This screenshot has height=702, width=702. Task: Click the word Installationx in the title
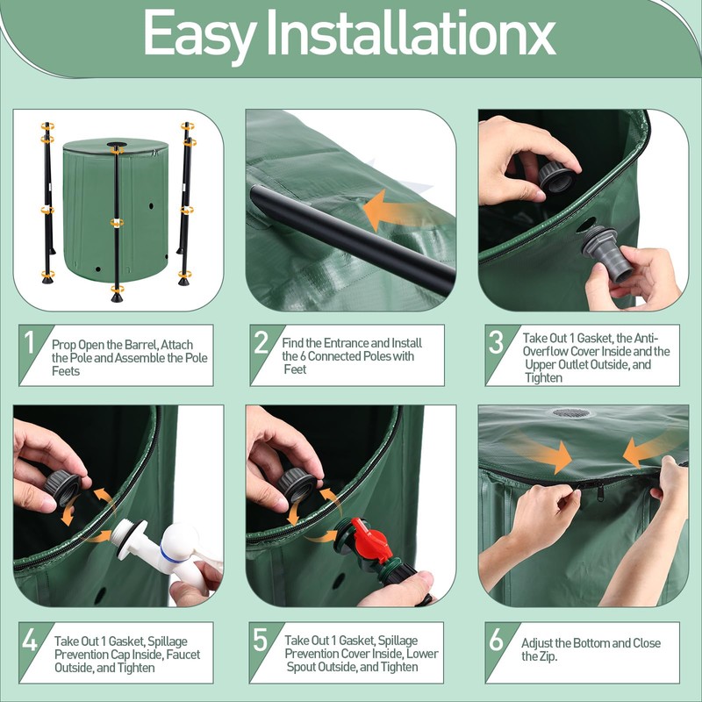(411, 32)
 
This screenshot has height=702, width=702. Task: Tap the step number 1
(30, 342)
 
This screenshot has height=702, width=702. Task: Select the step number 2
(261, 342)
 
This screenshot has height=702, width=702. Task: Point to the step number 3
(496, 342)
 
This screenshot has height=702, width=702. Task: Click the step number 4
(30, 641)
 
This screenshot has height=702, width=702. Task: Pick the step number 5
(261, 640)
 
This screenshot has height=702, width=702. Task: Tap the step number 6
(496, 641)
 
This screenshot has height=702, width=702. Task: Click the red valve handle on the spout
(370, 539)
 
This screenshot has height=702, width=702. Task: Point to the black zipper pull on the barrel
(600, 493)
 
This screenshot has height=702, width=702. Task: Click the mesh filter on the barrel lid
(571, 412)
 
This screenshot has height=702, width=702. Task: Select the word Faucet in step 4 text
(183, 655)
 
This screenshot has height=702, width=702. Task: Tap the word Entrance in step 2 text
(346, 343)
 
